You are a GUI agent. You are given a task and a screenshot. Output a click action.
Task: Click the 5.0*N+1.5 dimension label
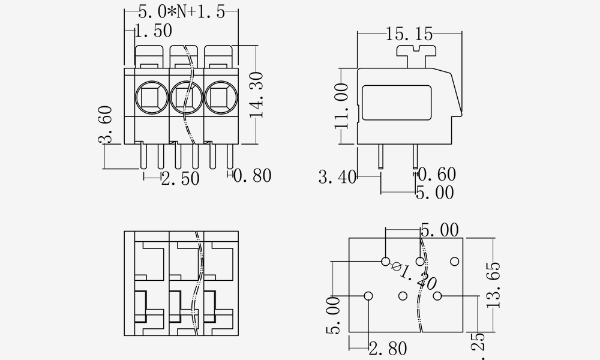(x=181, y=13)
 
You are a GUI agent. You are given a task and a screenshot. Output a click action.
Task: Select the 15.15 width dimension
(x=409, y=34)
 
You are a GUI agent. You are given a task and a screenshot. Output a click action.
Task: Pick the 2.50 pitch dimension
(x=180, y=178)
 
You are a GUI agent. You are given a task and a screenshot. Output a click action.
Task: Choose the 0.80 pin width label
(x=252, y=176)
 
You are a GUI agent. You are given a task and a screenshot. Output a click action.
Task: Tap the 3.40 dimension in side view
(x=337, y=177)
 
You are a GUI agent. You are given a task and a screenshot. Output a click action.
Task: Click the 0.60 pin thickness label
(x=436, y=175)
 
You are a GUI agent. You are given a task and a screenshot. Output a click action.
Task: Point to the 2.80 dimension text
(x=388, y=349)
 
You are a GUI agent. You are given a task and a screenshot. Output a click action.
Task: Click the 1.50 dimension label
(x=153, y=31)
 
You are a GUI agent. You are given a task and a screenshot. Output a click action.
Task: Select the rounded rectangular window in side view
(x=397, y=106)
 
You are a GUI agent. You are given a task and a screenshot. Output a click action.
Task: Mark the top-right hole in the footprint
(x=454, y=261)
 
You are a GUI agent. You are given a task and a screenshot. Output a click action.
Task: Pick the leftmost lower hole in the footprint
(x=368, y=296)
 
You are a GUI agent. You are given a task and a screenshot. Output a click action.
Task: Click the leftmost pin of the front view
(x=143, y=157)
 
